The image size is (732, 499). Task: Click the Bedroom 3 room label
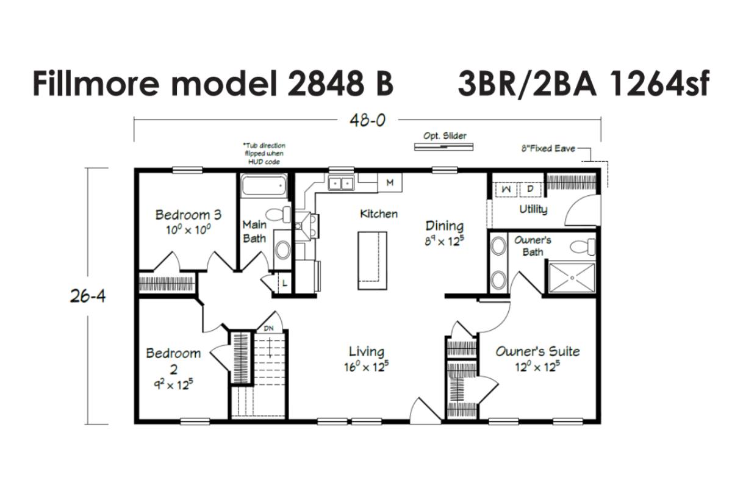pos(188,215)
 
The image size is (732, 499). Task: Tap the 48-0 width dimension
pos(368,121)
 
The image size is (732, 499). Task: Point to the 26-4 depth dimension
pos(88,296)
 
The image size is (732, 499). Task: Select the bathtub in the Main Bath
pos(264,186)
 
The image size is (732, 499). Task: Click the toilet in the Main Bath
pos(278,214)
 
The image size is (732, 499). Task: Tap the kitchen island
pos(372,260)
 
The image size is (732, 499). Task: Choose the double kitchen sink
pos(341,184)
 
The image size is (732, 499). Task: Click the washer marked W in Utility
pos(506,189)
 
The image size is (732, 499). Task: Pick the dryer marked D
pos(530,189)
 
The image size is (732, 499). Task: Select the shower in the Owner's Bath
pos(572,278)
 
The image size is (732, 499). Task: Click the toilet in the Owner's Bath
pos(583,246)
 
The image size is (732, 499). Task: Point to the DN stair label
pos(268,328)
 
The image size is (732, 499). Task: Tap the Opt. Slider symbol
pos(444,147)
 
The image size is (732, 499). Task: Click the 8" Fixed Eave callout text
pos(548,149)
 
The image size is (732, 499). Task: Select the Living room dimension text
pos(367,367)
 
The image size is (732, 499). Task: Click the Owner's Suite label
pos(538,351)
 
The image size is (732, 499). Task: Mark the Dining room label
pos(445,226)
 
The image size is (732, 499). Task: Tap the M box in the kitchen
pos(390,182)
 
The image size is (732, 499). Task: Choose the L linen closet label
pos(285,283)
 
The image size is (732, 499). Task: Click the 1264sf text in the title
pos(659,84)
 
